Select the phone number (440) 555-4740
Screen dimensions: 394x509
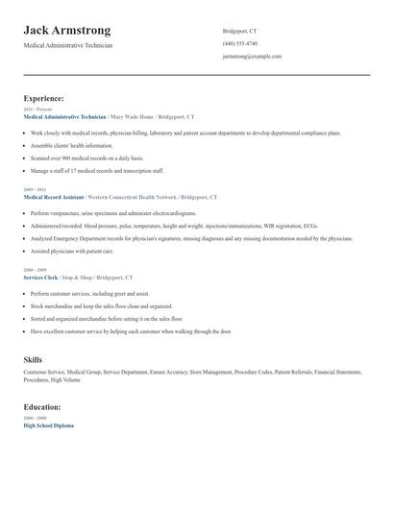tap(239, 43)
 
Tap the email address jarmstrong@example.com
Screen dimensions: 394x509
tap(252, 56)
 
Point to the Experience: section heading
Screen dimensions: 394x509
tap(44, 98)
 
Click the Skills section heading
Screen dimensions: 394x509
tap(33, 359)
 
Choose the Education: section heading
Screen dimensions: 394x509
tap(42, 406)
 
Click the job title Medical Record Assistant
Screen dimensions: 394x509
tap(57, 196)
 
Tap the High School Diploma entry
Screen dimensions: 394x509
tap(48, 424)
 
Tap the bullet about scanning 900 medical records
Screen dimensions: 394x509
tap(86, 157)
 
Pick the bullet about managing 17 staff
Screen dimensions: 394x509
tap(92, 169)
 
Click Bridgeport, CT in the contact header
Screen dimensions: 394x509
tap(239, 31)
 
